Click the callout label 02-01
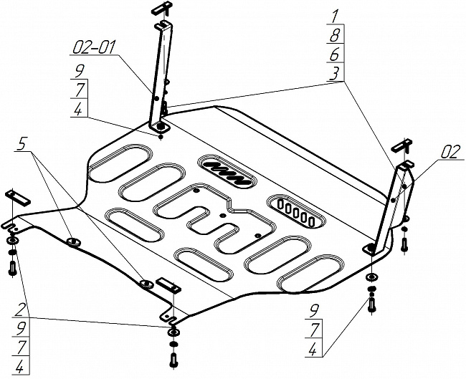tap(92, 49)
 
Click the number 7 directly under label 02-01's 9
tap(79, 90)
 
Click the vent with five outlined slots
tap(295, 211)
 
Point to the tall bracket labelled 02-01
tap(163, 79)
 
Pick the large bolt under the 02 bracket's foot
tap(371, 302)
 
